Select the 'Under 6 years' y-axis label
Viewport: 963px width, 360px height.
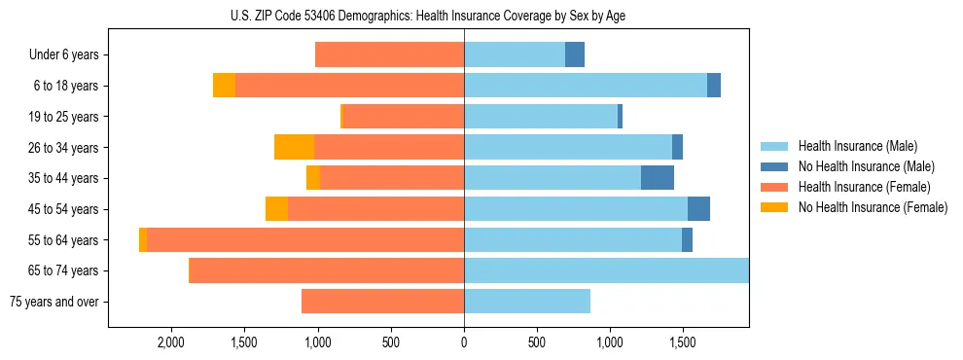(63, 55)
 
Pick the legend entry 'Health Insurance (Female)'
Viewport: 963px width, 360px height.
(864, 187)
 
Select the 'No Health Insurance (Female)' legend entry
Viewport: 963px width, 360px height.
(873, 207)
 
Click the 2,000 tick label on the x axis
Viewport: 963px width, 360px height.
(170, 342)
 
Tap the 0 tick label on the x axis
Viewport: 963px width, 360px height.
(464, 342)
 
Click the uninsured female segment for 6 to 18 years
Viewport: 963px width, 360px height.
(224, 86)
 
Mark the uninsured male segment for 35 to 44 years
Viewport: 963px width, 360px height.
(658, 178)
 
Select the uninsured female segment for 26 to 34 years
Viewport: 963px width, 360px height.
(294, 147)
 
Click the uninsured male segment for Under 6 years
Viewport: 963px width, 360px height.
(575, 55)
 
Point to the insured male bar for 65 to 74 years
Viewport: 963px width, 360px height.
(606, 270)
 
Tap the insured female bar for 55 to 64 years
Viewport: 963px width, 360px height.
(305, 239)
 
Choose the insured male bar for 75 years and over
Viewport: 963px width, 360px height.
(527, 302)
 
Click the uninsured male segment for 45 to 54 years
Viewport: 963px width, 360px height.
(698, 209)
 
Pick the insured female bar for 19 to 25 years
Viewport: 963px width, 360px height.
(404, 117)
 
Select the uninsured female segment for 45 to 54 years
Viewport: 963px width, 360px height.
(276, 209)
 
